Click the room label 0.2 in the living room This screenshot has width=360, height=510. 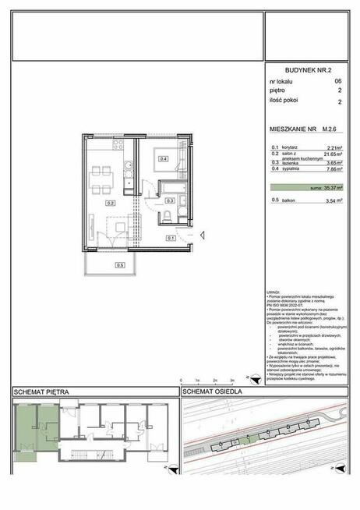pos(111,203)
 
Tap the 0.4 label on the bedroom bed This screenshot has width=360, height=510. pos(164,159)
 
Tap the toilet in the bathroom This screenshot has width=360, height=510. pos(169,215)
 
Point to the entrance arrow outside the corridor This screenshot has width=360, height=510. pos(200,232)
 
